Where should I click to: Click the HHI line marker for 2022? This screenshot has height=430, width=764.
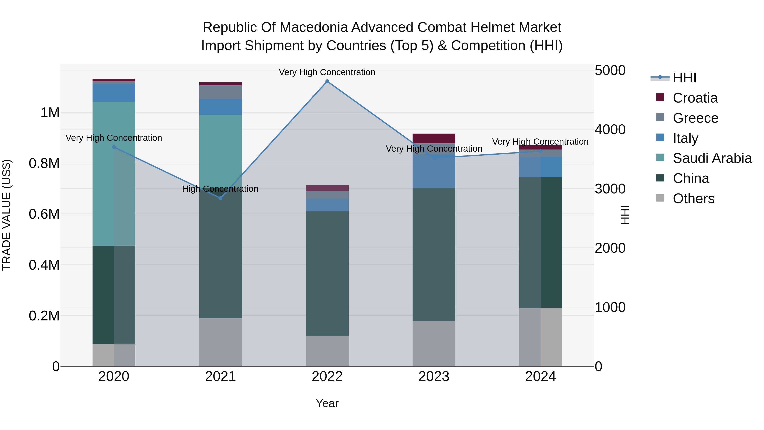(x=327, y=81)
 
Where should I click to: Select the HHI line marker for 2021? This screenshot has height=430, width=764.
(x=220, y=198)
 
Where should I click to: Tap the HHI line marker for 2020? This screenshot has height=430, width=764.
(x=114, y=147)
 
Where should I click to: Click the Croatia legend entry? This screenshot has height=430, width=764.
(x=695, y=98)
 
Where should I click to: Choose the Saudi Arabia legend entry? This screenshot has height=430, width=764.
(x=712, y=158)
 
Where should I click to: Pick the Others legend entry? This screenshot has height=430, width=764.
(x=693, y=199)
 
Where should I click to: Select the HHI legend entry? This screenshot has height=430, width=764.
(x=684, y=78)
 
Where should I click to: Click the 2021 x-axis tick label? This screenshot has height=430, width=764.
(x=220, y=376)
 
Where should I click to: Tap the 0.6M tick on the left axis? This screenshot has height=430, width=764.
(x=44, y=214)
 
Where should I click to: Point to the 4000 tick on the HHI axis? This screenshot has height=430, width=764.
(x=610, y=130)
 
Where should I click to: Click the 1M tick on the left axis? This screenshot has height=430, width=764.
(x=50, y=113)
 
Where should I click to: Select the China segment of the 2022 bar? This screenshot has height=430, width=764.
(x=327, y=273)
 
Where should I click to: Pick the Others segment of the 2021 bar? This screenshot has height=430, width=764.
(x=220, y=342)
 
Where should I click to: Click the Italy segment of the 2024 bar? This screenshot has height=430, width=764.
(x=540, y=167)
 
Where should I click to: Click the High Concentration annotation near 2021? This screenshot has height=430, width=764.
(x=220, y=189)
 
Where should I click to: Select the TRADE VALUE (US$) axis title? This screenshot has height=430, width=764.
(x=7, y=215)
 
